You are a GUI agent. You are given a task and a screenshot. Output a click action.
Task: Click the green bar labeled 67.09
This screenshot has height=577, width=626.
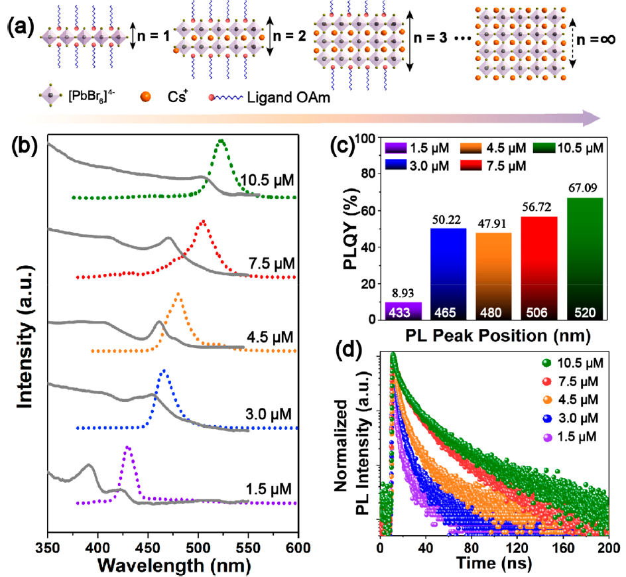[x=585, y=259]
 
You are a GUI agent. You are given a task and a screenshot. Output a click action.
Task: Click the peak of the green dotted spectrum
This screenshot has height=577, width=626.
[x=221, y=141]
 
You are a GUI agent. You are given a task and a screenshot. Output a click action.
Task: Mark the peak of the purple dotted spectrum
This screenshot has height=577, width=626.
[x=127, y=448]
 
